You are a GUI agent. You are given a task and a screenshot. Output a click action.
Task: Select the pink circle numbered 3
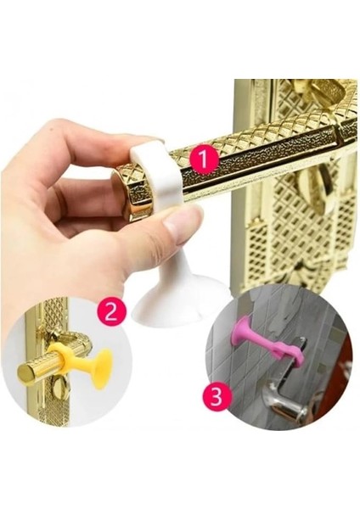point(218,395)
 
